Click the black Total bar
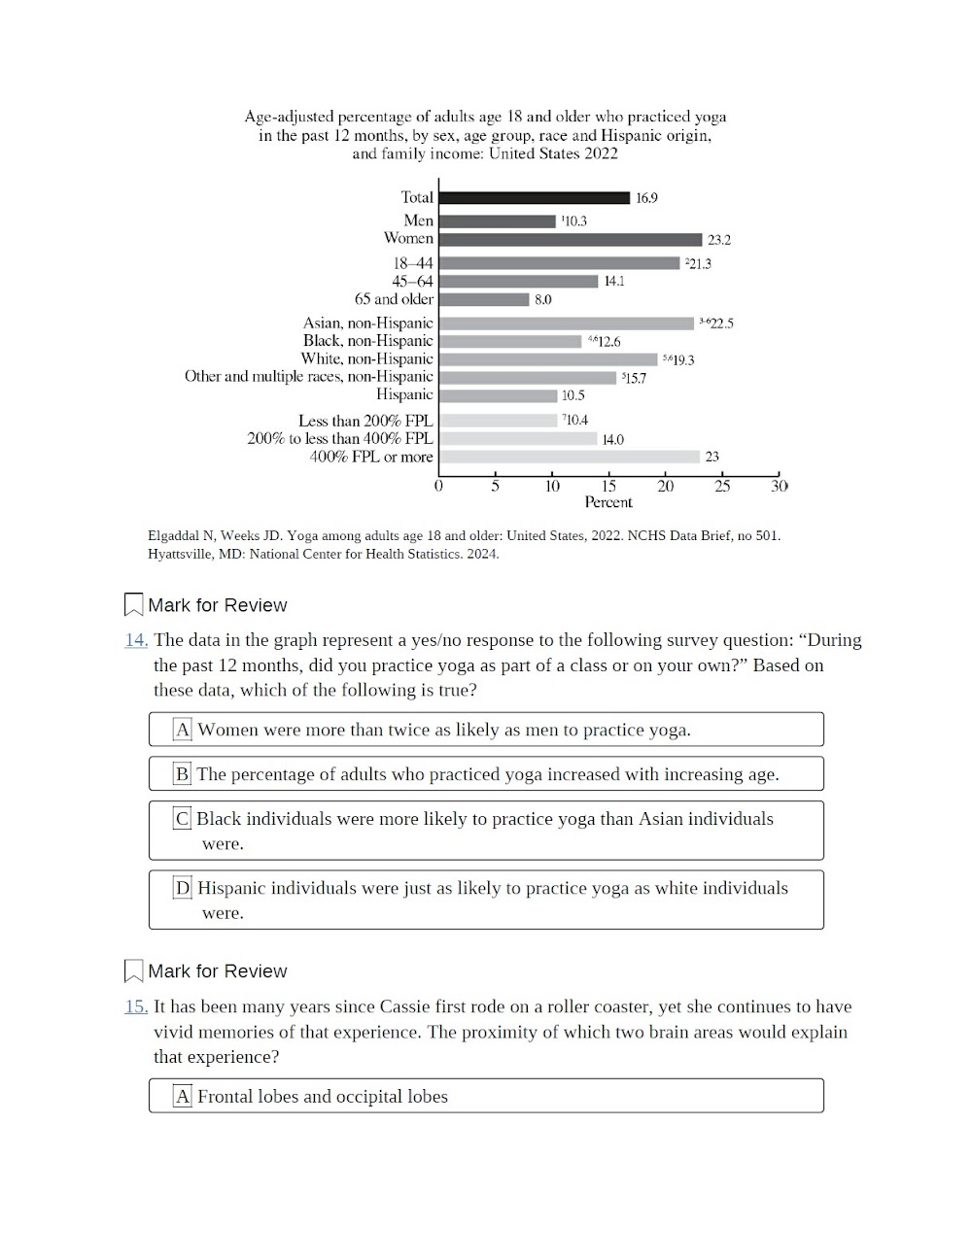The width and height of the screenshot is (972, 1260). click(534, 197)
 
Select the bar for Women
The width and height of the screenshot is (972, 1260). click(570, 239)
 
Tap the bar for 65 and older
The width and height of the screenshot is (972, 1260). click(484, 299)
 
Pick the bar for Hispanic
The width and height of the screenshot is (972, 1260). click(498, 395)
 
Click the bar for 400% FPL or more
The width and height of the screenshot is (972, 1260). click(569, 457)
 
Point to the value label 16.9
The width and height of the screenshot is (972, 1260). click(646, 198)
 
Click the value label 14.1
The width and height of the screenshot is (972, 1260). click(614, 282)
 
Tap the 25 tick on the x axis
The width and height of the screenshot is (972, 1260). click(722, 486)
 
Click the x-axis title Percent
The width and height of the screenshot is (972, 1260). click(608, 502)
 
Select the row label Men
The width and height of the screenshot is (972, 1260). click(418, 221)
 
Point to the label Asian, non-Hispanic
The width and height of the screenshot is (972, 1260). click(367, 323)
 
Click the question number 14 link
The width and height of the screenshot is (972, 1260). click(136, 640)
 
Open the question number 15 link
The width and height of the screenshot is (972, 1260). click(136, 1006)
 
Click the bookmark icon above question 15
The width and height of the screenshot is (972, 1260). click(134, 971)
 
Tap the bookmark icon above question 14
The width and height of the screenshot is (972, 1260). click(134, 605)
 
